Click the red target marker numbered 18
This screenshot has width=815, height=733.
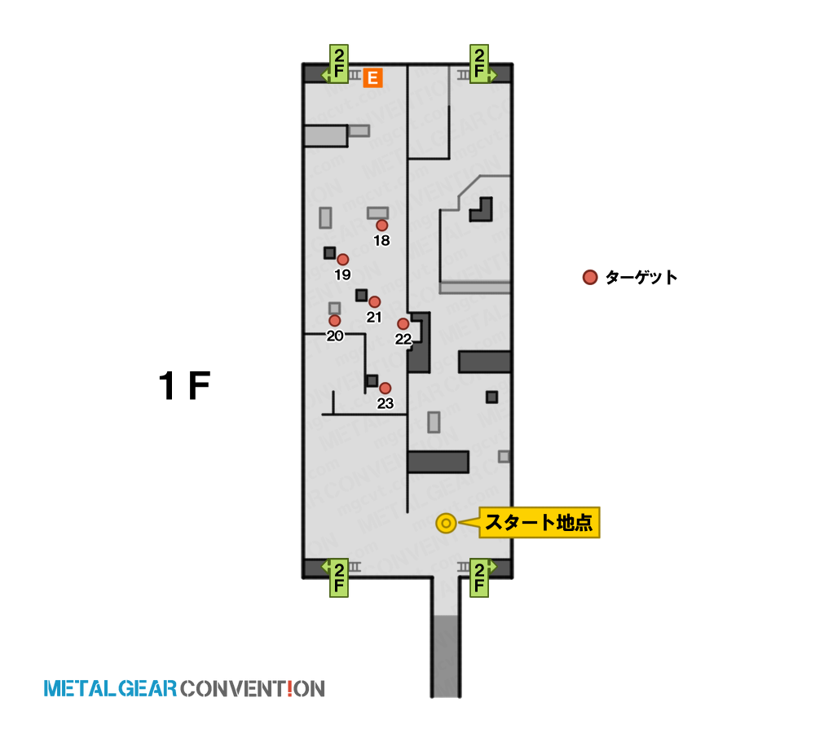pos(382,226)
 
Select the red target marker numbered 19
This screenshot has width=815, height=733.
pos(342,260)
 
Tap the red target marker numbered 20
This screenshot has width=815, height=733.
pos(335,321)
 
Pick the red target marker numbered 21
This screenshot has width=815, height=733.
pos(374,302)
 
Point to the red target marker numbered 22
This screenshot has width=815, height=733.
pos(403,324)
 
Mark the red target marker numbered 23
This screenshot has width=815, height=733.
pos(385,388)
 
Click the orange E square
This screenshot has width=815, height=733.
pos(372,78)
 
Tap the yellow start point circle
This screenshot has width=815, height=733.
pos(446,523)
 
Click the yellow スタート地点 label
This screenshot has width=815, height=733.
pos(539,523)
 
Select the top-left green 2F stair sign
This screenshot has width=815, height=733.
pos(338,64)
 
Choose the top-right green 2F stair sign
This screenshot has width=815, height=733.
pos(480,64)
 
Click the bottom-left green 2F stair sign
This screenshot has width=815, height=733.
pos(338,577)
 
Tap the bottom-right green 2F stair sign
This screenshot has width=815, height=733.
pos(480,577)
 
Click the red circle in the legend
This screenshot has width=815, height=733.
pos(590,278)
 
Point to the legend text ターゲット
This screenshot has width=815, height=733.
pos(641,278)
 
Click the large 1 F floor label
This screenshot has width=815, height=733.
pos(184,386)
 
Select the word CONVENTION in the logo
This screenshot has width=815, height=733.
pos(253,689)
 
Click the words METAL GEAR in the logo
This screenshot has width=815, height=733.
pos(110,689)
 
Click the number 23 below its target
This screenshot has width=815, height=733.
pos(385,403)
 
